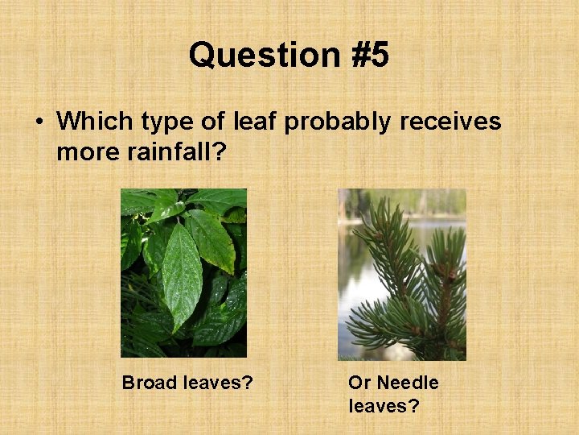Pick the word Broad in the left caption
150,383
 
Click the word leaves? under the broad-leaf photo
217,383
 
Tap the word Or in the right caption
359,383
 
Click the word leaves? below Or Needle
384,405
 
